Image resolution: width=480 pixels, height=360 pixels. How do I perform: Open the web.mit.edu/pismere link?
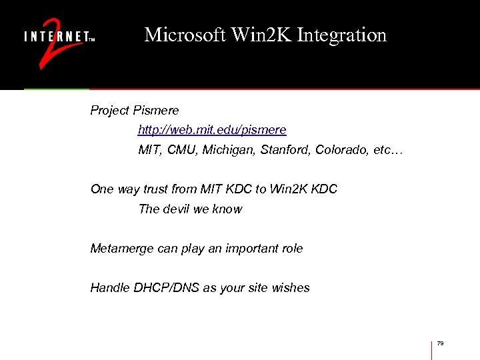pos(212,129)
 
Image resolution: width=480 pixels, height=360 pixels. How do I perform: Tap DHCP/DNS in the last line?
pos(167,288)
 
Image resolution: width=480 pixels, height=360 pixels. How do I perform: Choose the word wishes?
pos(291,288)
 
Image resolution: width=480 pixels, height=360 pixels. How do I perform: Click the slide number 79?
pos(441,343)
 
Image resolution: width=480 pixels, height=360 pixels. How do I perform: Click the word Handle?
pos(110,288)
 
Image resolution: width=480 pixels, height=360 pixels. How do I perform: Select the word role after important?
pos(291,249)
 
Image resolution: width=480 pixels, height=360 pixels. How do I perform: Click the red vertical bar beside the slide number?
pos(431,349)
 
